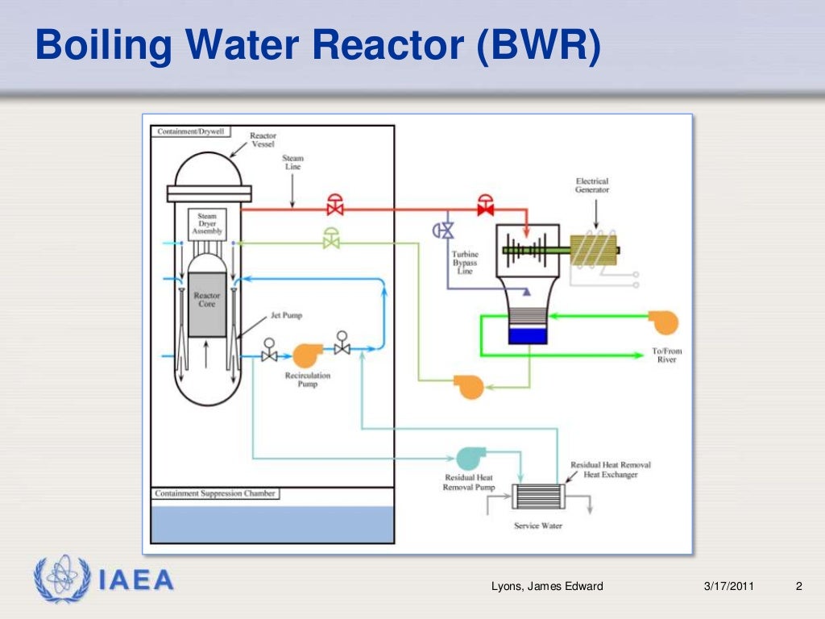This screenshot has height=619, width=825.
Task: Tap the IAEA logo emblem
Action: pos(63,578)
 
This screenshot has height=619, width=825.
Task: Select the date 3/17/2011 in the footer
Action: pos(728,586)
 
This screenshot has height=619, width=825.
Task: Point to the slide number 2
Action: pos(798,586)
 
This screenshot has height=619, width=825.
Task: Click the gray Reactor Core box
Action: pos(207,304)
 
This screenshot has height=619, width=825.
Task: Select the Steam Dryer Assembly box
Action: pos(207,223)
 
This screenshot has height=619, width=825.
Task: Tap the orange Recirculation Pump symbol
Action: pos(306,355)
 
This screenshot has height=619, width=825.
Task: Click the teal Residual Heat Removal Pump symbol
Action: pos(466,458)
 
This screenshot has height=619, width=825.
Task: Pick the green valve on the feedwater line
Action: pos(331,239)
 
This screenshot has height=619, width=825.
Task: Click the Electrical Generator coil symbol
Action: pos(593,251)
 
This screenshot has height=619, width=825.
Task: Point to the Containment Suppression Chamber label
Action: pos(216,493)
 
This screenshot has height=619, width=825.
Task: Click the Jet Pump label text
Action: pos(287,316)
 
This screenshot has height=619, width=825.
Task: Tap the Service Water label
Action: pos(538,526)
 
